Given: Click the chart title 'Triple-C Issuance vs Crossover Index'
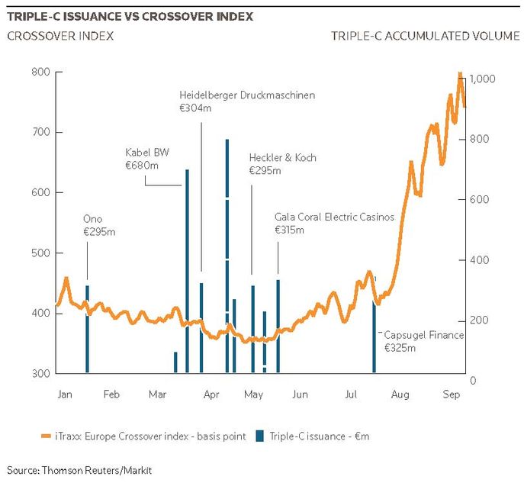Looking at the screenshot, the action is tap(130, 16).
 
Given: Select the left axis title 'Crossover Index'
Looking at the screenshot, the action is tap(60, 36).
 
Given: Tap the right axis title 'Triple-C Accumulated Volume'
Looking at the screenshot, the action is tap(426, 36).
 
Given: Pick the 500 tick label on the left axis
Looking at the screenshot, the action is tap(40, 253).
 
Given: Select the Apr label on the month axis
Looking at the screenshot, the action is tap(211, 394).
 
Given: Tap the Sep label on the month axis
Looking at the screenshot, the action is tap(451, 394).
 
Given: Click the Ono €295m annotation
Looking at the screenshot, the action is tap(99, 225).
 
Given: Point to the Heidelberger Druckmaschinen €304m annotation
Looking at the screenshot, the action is tap(247, 101).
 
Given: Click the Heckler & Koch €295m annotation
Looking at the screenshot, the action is tap(283, 164).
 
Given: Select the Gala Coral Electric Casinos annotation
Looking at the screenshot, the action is tap(335, 224).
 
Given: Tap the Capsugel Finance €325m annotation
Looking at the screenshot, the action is tap(424, 341).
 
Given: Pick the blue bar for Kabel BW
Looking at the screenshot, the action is tap(187, 271).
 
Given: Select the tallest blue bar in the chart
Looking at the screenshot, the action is tap(227, 256).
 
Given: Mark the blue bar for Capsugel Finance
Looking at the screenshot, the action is tap(375, 336).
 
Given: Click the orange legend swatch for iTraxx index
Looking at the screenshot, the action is tap(46, 436).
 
